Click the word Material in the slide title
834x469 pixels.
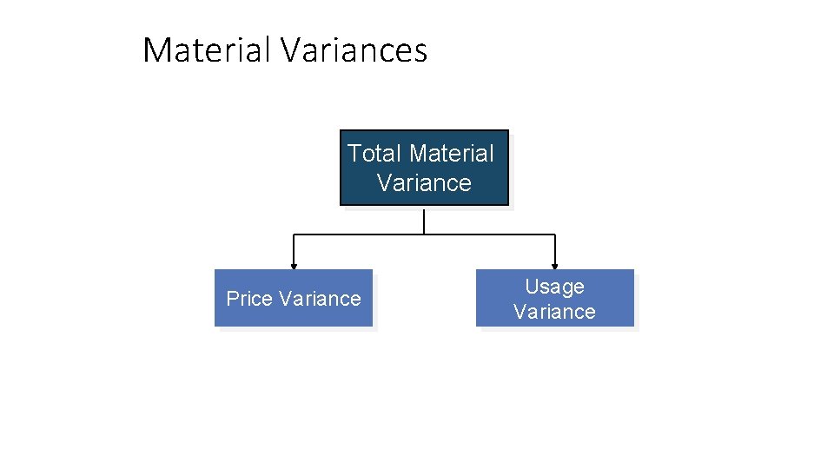tap(207, 50)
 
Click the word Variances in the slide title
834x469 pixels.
tap(354, 50)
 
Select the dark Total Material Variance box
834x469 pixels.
tap(424, 168)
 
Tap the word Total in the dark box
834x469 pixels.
tap(374, 154)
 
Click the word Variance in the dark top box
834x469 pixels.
tap(425, 183)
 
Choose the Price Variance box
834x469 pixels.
tap(294, 298)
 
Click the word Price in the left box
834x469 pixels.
tap(249, 299)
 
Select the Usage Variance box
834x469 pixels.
tap(554, 298)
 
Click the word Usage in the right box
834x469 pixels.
tap(554, 287)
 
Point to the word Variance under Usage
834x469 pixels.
tap(554, 312)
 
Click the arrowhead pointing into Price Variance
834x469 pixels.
tap(294, 265)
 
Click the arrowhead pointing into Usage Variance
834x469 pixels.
tap(554, 265)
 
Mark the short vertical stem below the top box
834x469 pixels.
tap(424, 221)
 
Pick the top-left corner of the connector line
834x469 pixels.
tap(294, 234)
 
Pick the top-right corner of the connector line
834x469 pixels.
tap(554, 234)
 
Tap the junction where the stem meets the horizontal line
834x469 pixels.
tap(424, 234)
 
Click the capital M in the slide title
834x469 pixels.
tap(157, 50)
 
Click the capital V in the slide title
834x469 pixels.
tap(291, 50)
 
